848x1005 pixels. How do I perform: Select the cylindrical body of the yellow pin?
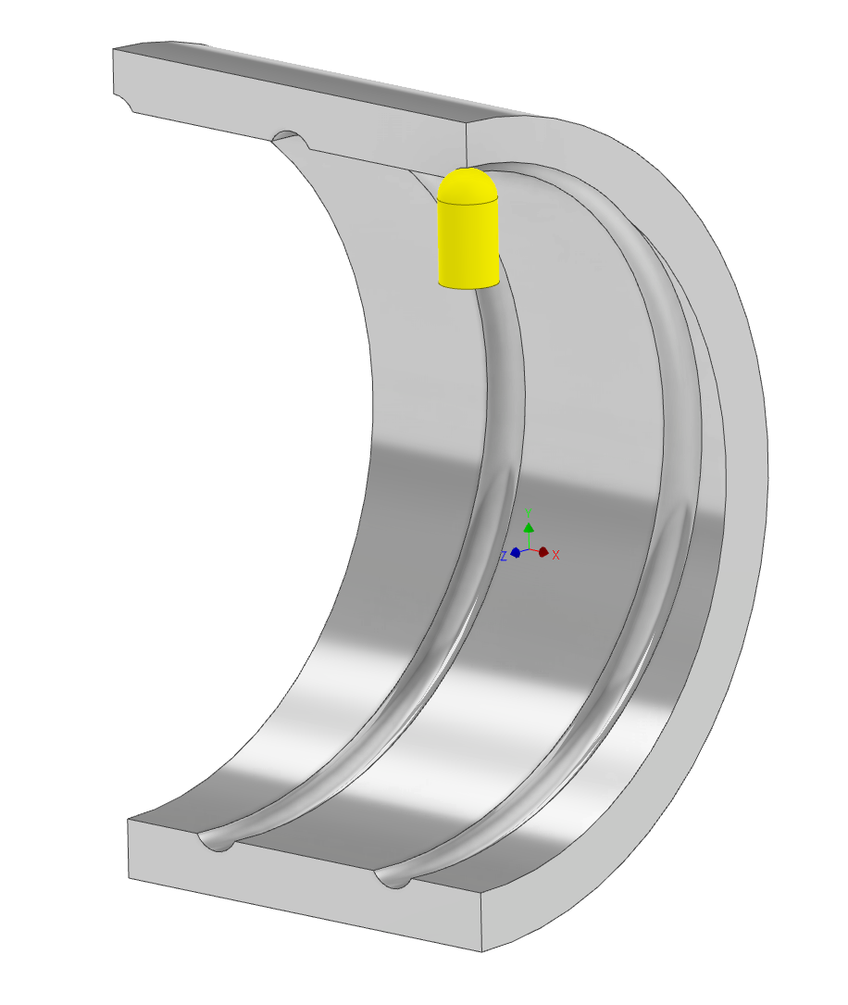pyautogui.click(x=468, y=241)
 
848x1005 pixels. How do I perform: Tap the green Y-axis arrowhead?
pyautogui.click(x=529, y=527)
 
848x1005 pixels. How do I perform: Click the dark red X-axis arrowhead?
pyautogui.click(x=543, y=552)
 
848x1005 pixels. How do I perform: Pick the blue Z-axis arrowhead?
pyautogui.click(x=515, y=552)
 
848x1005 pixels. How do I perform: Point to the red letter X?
pyautogui.click(x=556, y=555)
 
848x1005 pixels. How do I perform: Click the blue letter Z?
pyautogui.click(x=504, y=556)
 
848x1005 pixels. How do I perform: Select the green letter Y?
pyautogui.click(x=529, y=511)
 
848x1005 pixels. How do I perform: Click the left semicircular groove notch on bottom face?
pyautogui.click(x=216, y=842)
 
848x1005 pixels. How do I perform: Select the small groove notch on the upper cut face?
pyautogui.click(x=290, y=138)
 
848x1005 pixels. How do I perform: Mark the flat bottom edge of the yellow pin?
pyautogui.click(x=468, y=286)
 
